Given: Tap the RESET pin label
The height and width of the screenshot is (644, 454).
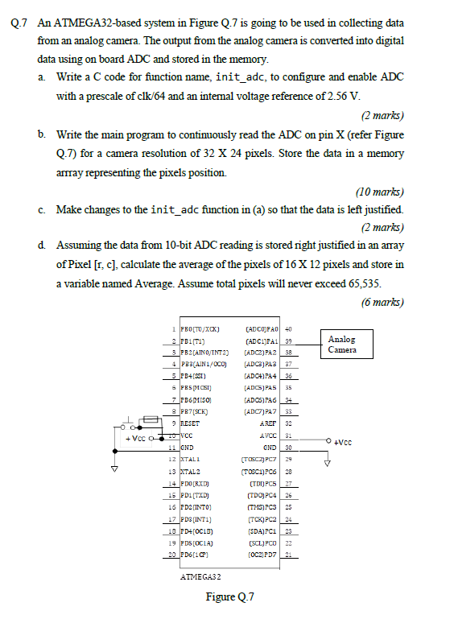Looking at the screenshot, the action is pos(190,421).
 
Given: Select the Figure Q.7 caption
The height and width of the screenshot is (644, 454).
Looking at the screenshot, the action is pos(229,597).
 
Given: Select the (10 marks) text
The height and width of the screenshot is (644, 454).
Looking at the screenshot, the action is pos(379,192).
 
